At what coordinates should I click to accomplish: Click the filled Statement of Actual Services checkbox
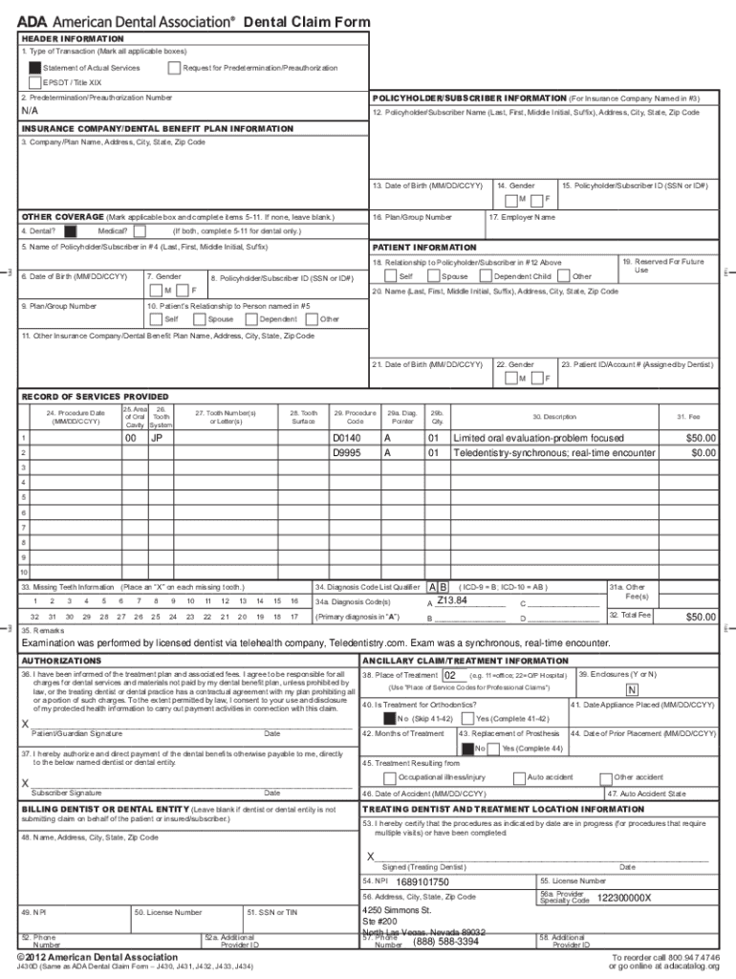click(x=35, y=68)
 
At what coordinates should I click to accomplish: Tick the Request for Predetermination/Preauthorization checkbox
click(x=173, y=68)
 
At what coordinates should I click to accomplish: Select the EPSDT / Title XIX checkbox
click(x=35, y=82)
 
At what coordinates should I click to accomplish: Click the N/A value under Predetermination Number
click(x=31, y=111)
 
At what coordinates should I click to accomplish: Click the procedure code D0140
click(x=346, y=438)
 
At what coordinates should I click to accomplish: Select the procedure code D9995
click(x=346, y=452)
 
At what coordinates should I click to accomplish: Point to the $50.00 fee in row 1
click(x=701, y=438)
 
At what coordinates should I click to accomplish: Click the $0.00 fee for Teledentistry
click(x=703, y=452)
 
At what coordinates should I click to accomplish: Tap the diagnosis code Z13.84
click(x=452, y=600)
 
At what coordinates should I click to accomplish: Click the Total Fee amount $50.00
click(x=701, y=618)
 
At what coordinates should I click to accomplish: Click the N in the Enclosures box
click(x=632, y=690)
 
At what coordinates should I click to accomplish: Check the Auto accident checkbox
click(x=519, y=778)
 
